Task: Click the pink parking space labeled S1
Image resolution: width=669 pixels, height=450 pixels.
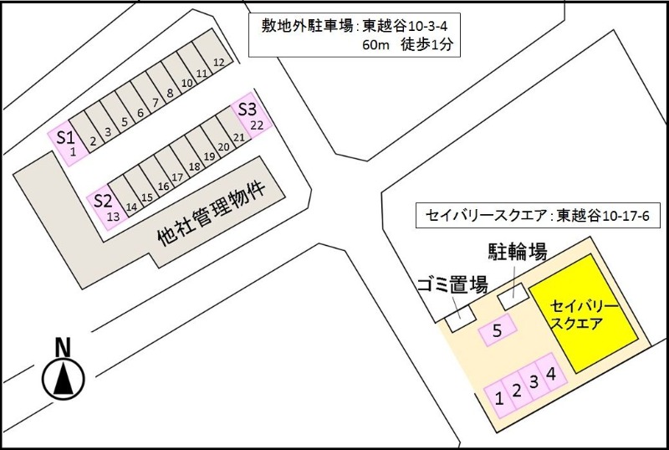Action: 68,141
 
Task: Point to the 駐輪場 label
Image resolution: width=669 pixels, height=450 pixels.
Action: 518,251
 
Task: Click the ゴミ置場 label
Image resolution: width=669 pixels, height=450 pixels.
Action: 452,284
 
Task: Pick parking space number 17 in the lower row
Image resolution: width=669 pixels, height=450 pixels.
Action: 177,177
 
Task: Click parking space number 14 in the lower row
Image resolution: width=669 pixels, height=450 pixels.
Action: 131,206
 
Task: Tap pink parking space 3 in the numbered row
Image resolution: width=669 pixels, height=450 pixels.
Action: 533,383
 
